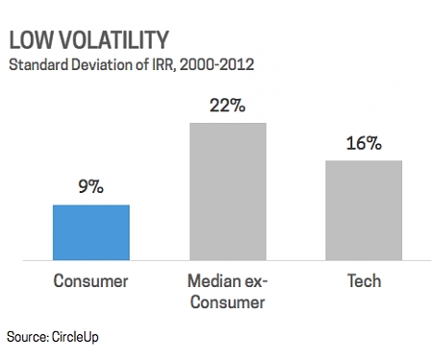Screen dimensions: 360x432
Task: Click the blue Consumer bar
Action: coord(90,231)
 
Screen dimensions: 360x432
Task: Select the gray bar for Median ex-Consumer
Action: coord(228,191)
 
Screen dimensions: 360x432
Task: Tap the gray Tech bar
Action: coord(364,209)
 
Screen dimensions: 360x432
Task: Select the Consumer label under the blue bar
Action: coord(90,281)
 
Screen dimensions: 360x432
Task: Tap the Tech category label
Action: coord(364,281)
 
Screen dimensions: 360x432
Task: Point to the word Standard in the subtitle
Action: coord(38,66)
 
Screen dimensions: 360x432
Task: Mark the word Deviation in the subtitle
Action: coord(107,66)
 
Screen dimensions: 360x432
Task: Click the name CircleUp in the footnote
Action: coord(76,337)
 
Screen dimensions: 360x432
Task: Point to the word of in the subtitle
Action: coord(147,66)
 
